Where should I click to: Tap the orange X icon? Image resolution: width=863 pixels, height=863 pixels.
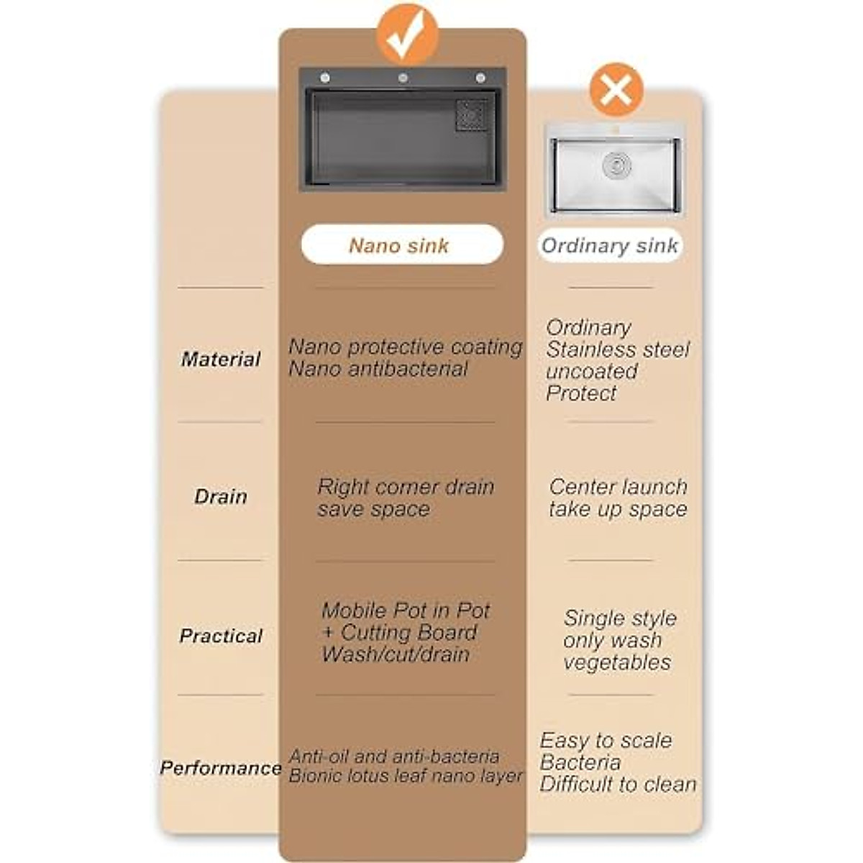616,90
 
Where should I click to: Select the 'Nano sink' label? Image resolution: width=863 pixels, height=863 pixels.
400,245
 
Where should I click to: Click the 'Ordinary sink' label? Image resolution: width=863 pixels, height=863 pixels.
609,246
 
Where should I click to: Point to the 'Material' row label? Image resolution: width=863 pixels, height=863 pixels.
220,359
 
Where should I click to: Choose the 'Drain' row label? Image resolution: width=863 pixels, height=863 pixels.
220,496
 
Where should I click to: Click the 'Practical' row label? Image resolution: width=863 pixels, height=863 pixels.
220,636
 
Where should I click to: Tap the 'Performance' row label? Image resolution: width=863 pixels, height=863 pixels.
220,768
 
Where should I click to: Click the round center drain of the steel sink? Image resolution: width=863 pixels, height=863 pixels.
617,165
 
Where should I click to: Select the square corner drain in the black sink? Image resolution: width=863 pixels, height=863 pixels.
472,115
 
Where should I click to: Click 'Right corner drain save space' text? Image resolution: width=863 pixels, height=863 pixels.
406,498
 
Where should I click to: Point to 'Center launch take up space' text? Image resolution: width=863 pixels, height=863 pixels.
618,498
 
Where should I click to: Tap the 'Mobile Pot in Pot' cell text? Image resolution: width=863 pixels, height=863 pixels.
405,611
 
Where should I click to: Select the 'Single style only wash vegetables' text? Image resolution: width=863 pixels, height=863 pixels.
618,640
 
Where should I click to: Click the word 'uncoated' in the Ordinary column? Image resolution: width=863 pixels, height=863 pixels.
591,371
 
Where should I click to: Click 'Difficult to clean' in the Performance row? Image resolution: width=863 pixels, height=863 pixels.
618,785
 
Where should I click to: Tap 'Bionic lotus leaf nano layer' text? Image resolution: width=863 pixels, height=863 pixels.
406,777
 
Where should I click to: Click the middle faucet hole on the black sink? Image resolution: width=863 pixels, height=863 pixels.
403,78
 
